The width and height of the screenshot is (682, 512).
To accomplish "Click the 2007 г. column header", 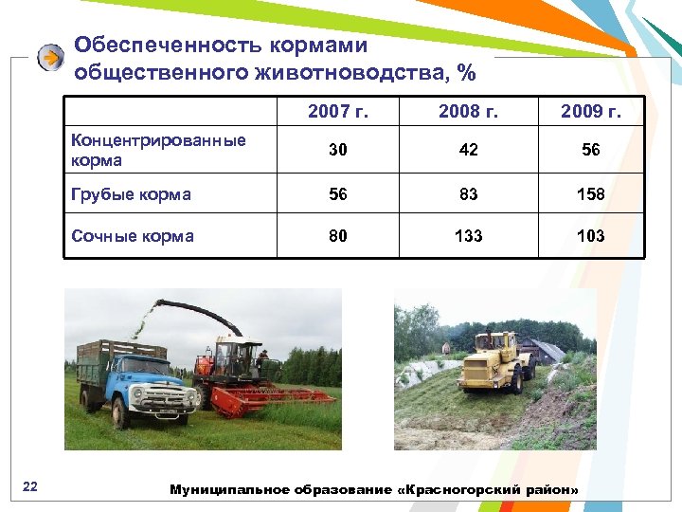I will [x=338, y=113].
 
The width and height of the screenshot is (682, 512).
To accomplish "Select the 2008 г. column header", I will [x=468, y=113].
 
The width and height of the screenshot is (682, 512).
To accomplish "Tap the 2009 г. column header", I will [x=591, y=113].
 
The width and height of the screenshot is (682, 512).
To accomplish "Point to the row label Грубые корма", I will [x=131, y=194].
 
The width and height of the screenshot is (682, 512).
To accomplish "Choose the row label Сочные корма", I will [x=133, y=236].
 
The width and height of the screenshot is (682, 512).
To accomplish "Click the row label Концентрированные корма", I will [x=158, y=150].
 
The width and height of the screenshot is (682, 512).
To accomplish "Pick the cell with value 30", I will [x=338, y=150].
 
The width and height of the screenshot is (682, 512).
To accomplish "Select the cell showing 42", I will [x=468, y=150].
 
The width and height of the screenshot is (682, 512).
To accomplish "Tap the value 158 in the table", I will [x=591, y=194].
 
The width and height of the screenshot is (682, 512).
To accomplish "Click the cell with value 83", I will [x=468, y=194].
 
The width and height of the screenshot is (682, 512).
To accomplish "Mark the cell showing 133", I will [x=468, y=236].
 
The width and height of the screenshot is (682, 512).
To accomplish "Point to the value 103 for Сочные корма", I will [x=591, y=236].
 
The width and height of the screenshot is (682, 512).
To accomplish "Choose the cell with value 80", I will [x=338, y=236].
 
